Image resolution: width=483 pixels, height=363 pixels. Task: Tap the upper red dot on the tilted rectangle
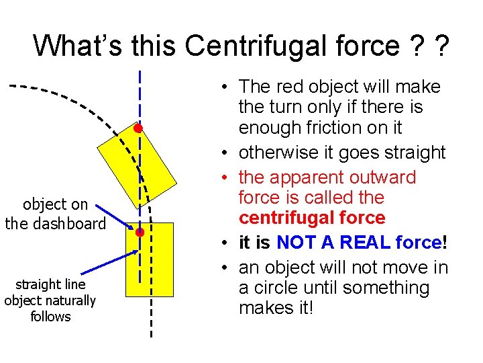pos(137,128)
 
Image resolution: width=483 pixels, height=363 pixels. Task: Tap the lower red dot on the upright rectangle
pos(140,233)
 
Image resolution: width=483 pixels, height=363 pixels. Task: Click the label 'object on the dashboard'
pos(55,214)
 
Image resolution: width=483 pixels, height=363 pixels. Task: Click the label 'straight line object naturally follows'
pos(50,300)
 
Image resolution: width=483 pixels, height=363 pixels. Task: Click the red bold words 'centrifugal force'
pos(312,218)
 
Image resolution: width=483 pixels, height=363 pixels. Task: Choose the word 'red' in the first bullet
pos(286,87)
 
